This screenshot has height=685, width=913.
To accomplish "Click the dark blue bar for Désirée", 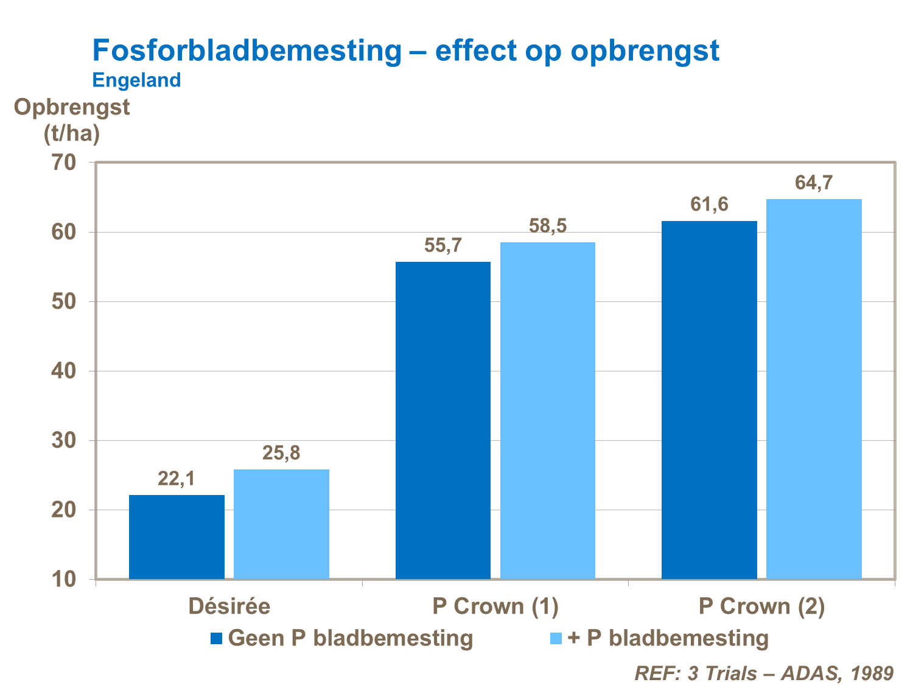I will [177, 536].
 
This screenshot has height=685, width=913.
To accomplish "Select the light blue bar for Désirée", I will [281, 524].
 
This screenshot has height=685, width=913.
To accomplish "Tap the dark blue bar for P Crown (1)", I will [443, 420].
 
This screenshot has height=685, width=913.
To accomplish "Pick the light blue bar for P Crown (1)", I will [547, 410].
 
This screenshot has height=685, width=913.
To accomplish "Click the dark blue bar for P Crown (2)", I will [709, 399].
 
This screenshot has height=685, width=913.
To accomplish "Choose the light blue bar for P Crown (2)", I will [814, 388].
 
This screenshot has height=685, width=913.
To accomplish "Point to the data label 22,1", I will [177, 479].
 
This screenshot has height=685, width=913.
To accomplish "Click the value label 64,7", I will [814, 183].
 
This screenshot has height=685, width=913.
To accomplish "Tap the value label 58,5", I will [547, 226].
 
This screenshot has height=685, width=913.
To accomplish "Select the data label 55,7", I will [443, 246].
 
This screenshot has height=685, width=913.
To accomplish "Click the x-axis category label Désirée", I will [229, 606].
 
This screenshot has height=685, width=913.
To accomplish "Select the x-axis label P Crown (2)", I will [761, 606].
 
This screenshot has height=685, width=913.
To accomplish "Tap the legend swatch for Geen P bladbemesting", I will [217, 638].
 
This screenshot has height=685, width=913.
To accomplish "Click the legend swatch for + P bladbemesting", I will [556, 638].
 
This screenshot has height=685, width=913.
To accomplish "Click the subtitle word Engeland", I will [136, 80].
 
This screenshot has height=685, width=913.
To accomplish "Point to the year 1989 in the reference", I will [872, 673].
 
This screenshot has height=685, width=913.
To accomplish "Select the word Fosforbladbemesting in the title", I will [247, 51].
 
